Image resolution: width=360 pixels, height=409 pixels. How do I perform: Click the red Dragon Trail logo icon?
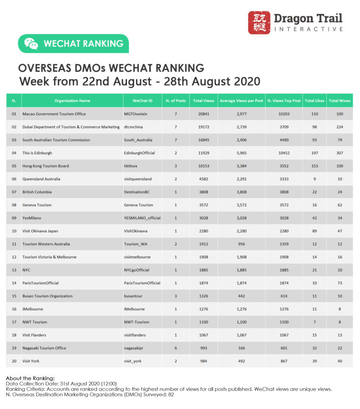(259, 23)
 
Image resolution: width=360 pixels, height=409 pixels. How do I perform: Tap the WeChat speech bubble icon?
(31, 44)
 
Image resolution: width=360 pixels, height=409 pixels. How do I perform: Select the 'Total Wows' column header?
(340, 101)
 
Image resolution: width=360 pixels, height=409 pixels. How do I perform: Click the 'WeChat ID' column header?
(143, 101)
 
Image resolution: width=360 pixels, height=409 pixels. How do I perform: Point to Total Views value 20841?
(203, 114)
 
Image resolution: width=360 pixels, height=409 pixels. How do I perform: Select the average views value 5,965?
(241, 153)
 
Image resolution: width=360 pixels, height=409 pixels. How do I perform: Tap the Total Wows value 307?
(340, 153)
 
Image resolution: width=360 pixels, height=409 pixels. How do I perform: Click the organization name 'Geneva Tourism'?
(37, 205)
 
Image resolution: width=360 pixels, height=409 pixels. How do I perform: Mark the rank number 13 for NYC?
(14, 270)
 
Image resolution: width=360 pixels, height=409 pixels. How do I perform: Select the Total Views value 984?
(203, 361)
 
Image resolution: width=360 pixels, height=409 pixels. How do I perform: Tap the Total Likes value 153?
(314, 166)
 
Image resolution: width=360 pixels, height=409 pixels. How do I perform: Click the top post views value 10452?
(283, 153)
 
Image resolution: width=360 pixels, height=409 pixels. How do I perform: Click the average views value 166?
(241, 348)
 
